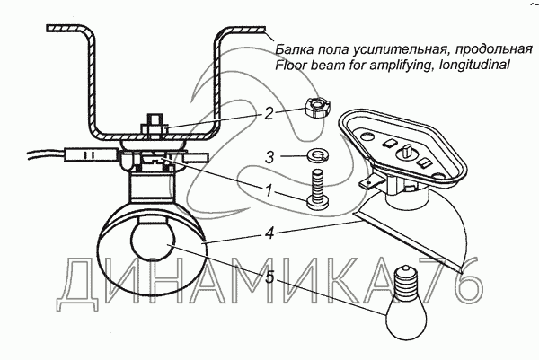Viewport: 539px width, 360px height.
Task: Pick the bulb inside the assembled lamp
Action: (x=154, y=243)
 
